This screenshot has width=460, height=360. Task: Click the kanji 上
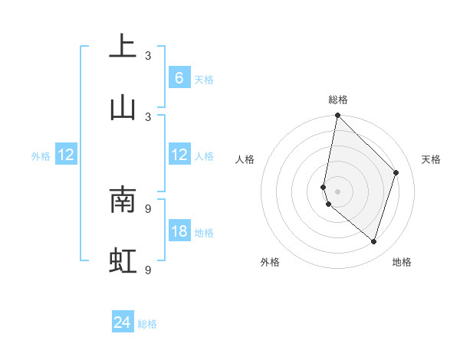click(123, 46)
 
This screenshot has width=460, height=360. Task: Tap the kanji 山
click(123, 106)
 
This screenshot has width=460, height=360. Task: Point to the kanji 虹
click(123, 260)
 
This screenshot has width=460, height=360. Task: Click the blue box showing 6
click(179, 77)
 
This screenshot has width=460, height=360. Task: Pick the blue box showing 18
click(179, 231)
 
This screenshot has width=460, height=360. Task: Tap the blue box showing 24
click(123, 323)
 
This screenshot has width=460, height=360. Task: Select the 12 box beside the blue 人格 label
click(179, 155)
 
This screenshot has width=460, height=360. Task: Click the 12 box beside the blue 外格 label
click(66, 155)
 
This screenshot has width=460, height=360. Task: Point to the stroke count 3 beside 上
click(149, 56)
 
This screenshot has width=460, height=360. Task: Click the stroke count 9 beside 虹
click(149, 270)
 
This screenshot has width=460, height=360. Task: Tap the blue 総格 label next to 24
click(147, 325)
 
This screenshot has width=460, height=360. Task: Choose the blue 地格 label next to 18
click(204, 233)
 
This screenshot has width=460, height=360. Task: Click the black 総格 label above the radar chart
click(338, 100)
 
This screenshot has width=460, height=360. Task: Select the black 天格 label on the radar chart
click(432, 159)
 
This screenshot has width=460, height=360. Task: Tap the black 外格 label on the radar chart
click(270, 262)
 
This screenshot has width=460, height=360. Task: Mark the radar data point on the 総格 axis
click(337, 115)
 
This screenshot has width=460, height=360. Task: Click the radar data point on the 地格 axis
click(374, 242)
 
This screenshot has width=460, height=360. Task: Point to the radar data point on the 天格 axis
click(396, 172)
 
